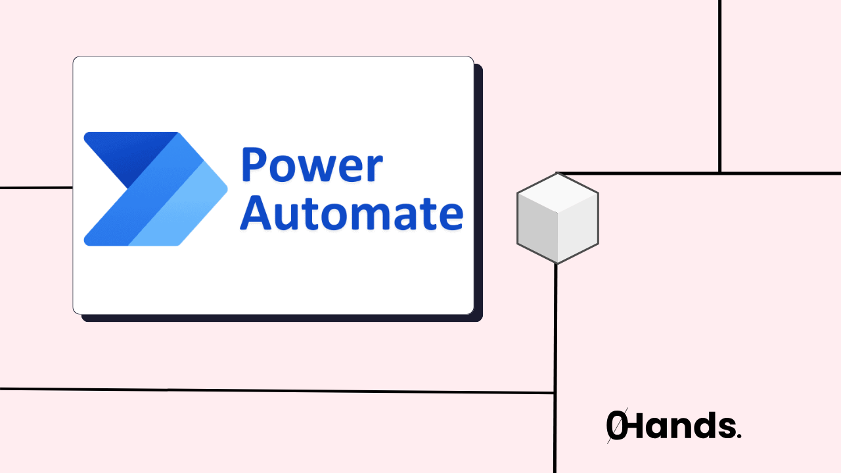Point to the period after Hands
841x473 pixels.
[739, 436]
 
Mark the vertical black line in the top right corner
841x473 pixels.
[720, 85]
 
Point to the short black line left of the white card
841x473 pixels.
[36, 188]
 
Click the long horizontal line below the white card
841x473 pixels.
[276, 391]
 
